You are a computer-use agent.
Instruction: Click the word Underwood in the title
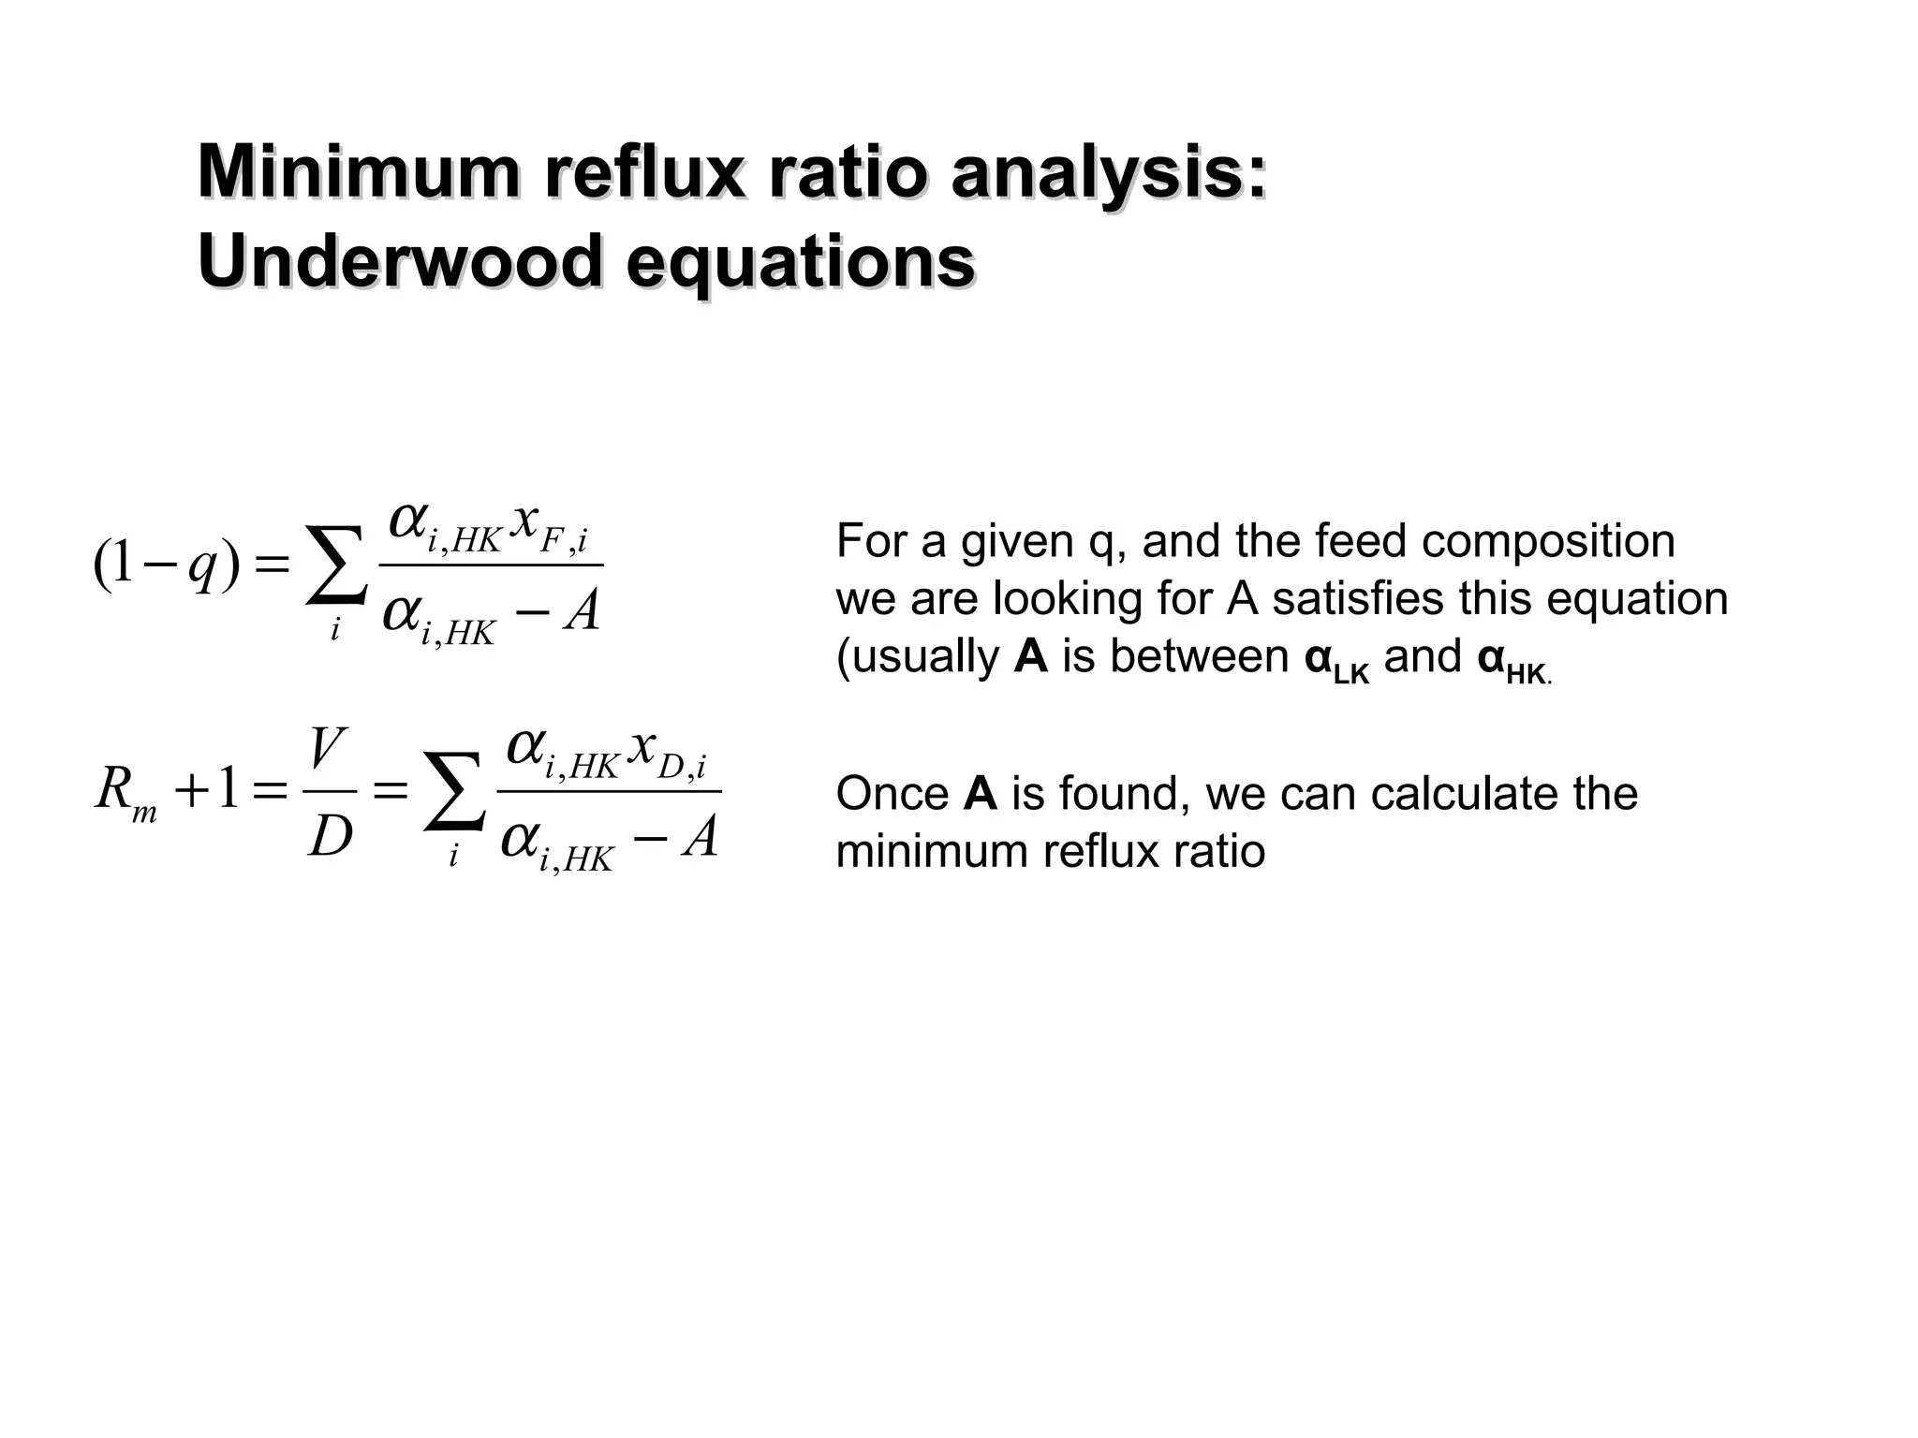[399, 262]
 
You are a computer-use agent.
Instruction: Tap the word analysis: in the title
[1109, 174]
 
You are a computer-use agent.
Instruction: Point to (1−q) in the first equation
[167, 566]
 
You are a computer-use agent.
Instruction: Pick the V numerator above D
[329, 750]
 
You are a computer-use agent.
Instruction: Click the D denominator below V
[331, 836]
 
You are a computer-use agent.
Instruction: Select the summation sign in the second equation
[453, 792]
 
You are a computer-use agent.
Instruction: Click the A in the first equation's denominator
[582, 614]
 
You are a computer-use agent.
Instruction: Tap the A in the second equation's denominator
[701, 838]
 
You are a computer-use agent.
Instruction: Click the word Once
[892, 794]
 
